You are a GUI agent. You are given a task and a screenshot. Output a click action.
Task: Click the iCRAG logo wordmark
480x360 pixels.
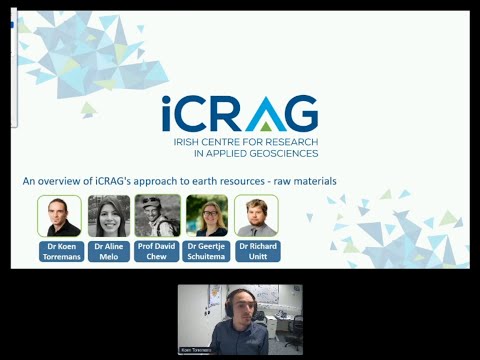click(240, 113)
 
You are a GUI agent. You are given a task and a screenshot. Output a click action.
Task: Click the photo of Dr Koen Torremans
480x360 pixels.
click(59, 215)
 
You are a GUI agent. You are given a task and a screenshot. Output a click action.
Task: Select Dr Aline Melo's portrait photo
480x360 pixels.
click(108, 215)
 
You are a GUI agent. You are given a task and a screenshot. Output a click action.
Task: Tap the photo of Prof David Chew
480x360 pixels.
click(157, 215)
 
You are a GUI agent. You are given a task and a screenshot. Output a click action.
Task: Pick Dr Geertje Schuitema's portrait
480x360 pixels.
click(207, 215)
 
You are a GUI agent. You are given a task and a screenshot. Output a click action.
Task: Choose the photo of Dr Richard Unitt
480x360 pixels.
click(256, 215)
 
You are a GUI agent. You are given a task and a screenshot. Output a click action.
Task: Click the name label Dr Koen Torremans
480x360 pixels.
click(59, 249)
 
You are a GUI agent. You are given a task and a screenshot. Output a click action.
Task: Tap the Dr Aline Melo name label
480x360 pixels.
click(108, 249)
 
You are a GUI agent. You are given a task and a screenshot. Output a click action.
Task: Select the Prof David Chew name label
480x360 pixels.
click(157, 249)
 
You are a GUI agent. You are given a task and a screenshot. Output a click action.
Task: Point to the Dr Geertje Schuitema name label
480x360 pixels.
click(207, 249)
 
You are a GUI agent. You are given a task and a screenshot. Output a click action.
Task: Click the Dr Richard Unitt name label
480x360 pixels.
click(256, 249)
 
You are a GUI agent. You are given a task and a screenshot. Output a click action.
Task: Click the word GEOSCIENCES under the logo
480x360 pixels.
click(283, 153)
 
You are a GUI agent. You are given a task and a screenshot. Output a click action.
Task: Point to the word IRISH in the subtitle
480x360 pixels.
click(185, 142)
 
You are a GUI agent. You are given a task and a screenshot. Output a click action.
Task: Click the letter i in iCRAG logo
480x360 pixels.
click(168, 113)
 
